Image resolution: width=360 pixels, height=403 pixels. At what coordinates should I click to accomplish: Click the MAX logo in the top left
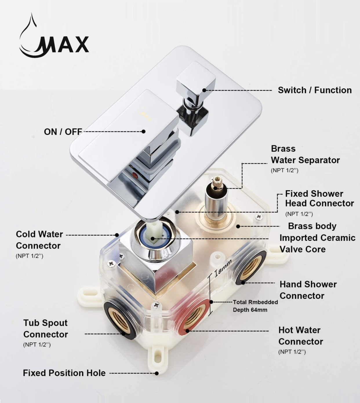(54, 38)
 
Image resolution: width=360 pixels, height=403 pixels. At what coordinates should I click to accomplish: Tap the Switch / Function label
(314, 90)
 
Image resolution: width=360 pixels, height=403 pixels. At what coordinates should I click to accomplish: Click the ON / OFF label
(63, 132)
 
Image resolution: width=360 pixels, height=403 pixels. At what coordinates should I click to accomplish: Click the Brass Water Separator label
(305, 154)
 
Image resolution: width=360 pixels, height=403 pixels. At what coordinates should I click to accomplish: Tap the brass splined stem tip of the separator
(216, 184)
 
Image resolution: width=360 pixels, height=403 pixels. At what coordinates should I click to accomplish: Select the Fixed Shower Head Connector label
(319, 199)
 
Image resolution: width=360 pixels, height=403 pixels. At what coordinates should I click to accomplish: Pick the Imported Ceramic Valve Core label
(317, 243)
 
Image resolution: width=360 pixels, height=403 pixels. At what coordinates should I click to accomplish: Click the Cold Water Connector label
(39, 240)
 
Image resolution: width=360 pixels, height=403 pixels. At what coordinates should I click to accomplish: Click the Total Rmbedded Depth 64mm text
(255, 306)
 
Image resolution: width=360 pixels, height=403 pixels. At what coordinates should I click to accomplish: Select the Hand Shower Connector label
(308, 290)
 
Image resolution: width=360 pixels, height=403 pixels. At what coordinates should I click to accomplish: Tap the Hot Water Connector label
(300, 336)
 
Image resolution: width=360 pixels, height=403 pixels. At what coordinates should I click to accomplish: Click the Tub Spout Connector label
(46, 329)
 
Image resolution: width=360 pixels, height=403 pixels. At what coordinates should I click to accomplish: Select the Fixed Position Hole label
(64, 373)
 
